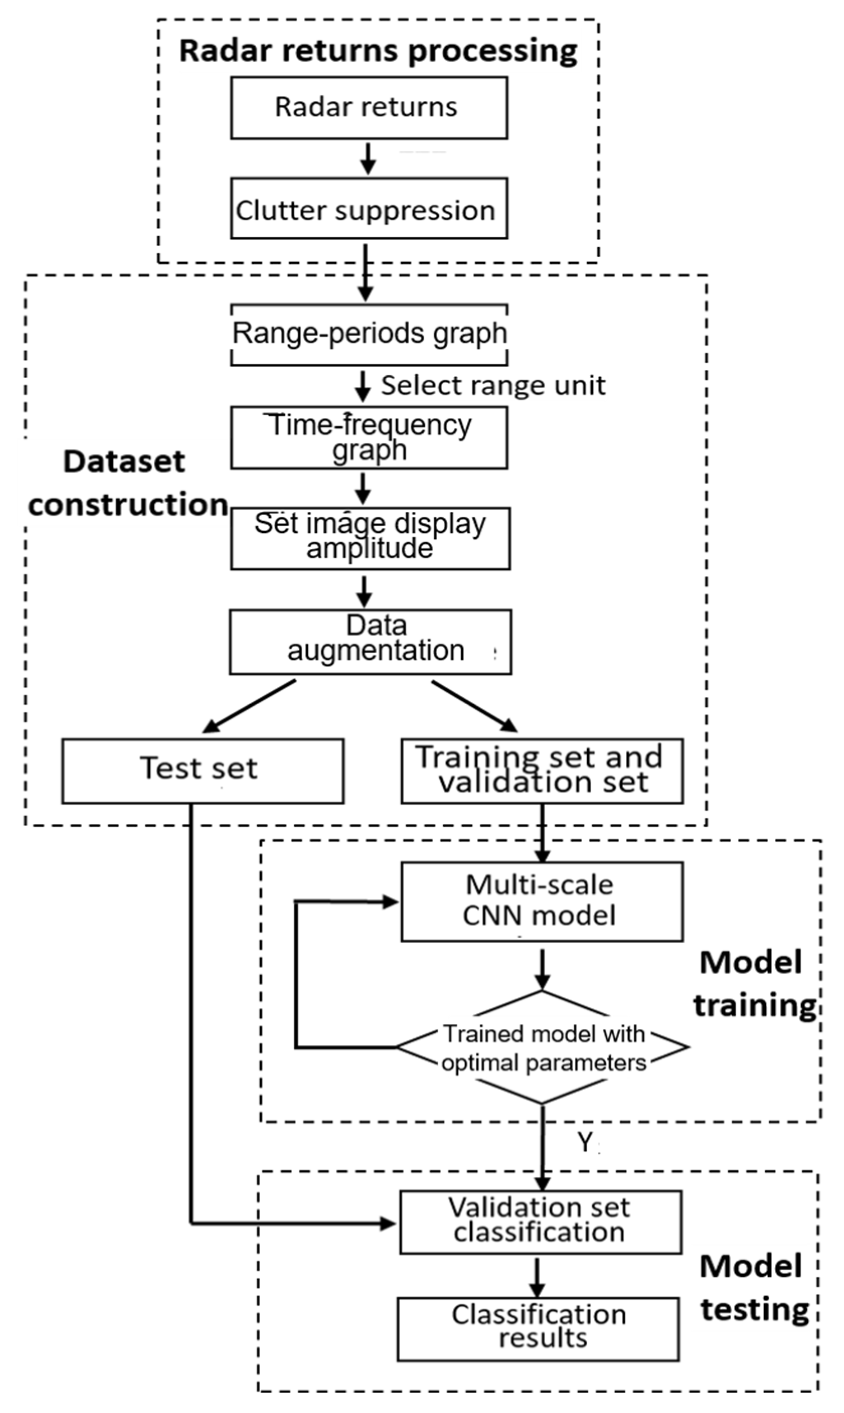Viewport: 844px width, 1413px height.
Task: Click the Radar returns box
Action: (x=369, y=108)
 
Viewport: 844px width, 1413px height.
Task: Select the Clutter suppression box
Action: (x=369, y=208)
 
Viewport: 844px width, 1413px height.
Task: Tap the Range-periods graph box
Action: (x=369, y=334)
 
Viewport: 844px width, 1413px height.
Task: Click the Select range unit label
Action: (x=492, y=385)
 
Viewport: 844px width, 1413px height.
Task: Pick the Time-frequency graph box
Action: (x=369, y=437)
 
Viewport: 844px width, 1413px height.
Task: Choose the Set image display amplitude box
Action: (x=370, y=537)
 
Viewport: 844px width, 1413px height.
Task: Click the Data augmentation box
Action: (x=370, y=642)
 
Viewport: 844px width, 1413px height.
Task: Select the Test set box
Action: (x=203, y=771)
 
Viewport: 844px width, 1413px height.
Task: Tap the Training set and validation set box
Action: (x=541, y=771)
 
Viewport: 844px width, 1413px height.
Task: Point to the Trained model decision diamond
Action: (x=543, y=1047)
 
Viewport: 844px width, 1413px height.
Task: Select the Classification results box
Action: (x=538, y=1328)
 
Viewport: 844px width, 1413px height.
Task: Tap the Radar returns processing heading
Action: (x=378, y=50)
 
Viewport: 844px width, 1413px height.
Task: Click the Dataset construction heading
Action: (x=127, y=483)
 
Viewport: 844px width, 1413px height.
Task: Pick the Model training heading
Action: (x=754, y=984)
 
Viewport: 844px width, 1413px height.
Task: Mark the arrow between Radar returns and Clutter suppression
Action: (x=368, y=159)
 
